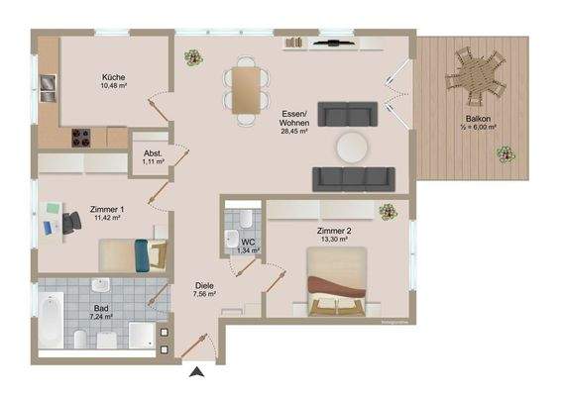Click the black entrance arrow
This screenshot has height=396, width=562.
coord(196,371)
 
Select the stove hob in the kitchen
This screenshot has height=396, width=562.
coord(80,139)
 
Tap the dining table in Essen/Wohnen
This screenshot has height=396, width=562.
coord(245,83)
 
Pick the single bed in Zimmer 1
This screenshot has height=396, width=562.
coord(130,256)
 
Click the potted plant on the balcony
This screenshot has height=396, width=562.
coord(506,154)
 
